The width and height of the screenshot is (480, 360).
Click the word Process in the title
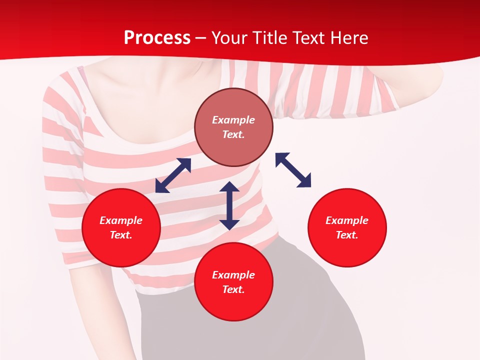tap(157, 38)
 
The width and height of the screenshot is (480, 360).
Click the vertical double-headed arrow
tap(229, 205)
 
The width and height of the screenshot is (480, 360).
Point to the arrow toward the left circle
tap(173, 175)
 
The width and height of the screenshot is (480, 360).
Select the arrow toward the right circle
tap(293, 170)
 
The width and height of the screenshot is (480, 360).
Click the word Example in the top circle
tap(233, 120)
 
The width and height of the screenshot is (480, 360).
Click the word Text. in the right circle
tap(347, 235)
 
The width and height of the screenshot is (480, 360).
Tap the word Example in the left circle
tap(121, 220)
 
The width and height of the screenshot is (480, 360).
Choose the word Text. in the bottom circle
tap(233, 289)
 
